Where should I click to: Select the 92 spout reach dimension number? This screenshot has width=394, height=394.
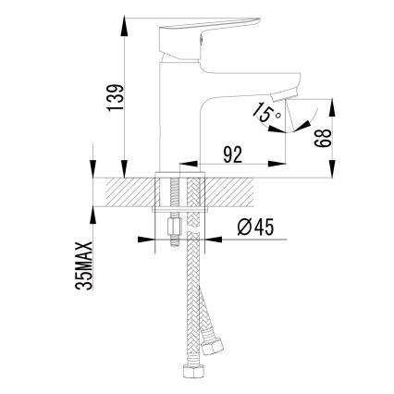[x=232, y=154]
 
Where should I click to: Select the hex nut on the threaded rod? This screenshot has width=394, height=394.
[x=173, y=227]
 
